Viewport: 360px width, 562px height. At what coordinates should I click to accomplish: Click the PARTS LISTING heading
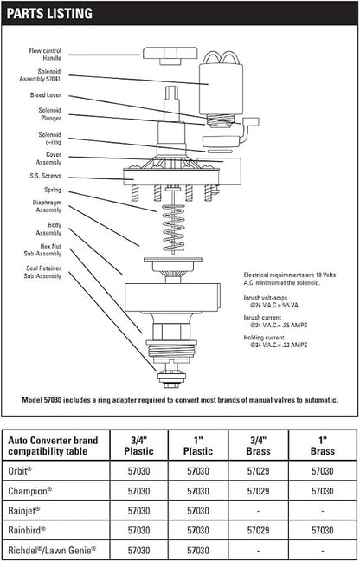click(x=49, y=13)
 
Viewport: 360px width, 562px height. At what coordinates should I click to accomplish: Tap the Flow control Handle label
click(x=45, y=55)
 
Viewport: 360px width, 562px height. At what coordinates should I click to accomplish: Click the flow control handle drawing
click(x=170, y=55)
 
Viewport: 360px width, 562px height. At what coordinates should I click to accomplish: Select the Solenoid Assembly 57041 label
click(x=40, y=75)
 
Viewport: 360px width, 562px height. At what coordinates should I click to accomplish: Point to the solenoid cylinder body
click(x=221, y=89)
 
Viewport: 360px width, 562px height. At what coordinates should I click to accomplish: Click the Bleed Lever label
click(x=46, y=95)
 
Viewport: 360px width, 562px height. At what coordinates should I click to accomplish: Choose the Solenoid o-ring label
click(x=50, y=139)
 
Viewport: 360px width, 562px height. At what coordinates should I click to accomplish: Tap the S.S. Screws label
click(x=45, y=176)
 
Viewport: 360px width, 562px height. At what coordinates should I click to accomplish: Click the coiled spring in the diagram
click(x=174, y=228)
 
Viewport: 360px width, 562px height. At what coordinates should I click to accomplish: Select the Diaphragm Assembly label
click(x=47, y=206)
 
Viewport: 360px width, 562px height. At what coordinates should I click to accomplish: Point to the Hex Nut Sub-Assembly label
click(x=42, y=250)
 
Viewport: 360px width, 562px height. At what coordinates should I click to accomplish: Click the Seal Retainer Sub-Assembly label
click(x=42, y=272)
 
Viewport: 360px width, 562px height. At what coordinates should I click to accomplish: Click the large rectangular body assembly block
click(x=172, y=298)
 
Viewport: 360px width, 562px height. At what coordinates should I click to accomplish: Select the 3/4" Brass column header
click(x=258, y=445)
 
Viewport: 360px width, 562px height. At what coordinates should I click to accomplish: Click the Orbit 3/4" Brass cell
click(x=258, y=470)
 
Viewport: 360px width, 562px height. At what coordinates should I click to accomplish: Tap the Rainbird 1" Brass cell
click(x=323, y=530)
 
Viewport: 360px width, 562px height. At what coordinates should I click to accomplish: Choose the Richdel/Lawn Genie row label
click(x=52, y=550)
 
